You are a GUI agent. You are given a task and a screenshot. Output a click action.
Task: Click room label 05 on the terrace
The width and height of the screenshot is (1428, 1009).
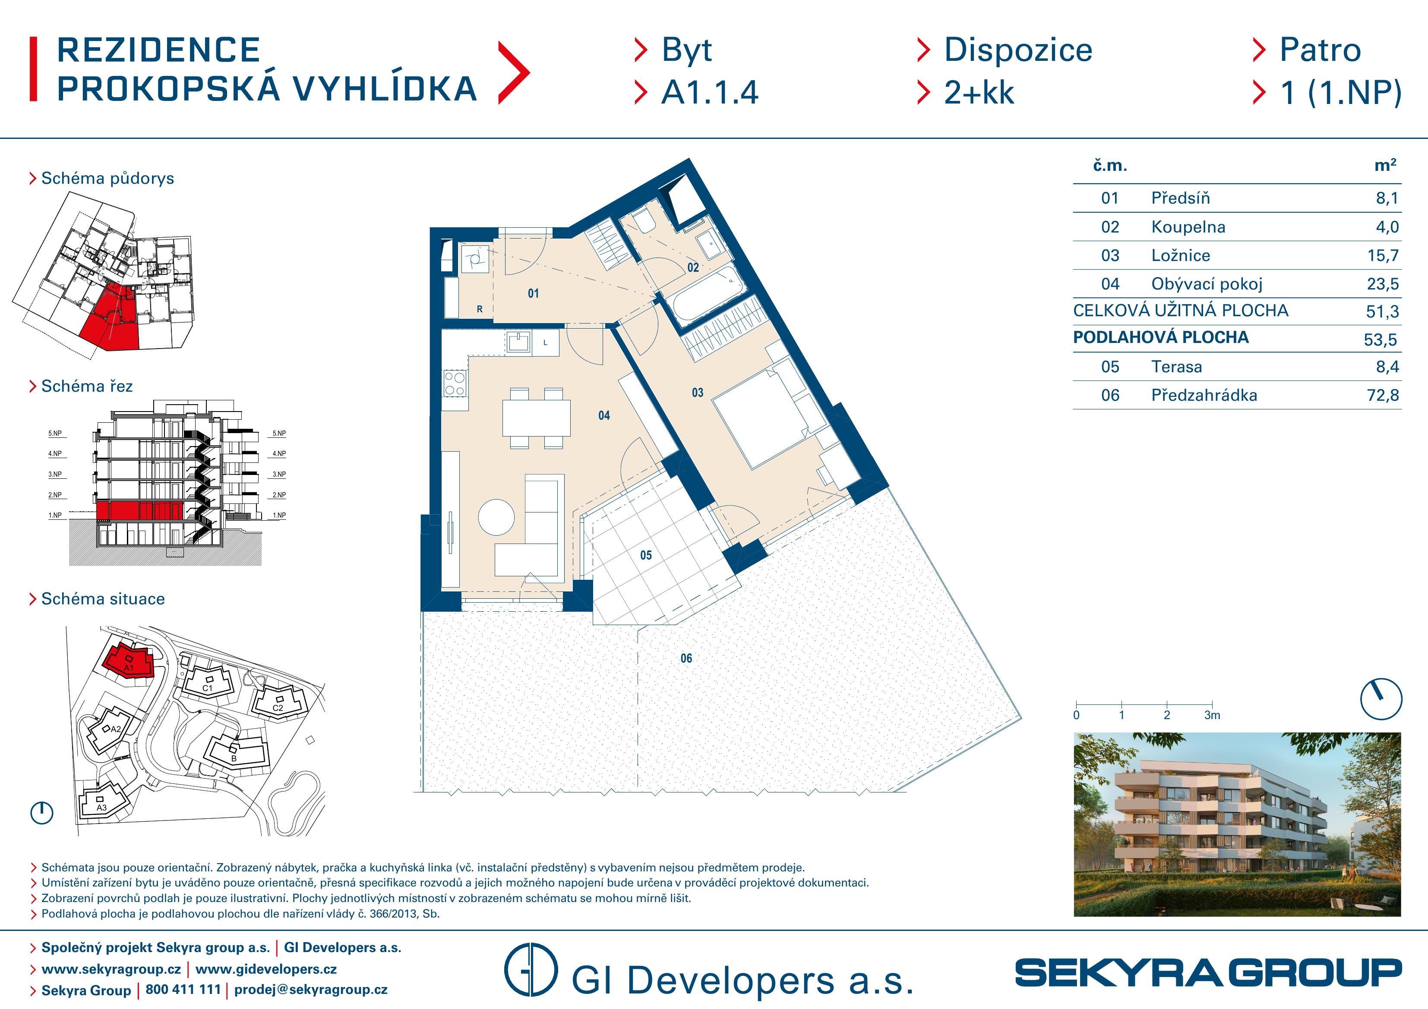coord(646,555)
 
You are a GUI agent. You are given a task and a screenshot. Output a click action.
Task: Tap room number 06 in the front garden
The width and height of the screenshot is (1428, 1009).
coord(686,658)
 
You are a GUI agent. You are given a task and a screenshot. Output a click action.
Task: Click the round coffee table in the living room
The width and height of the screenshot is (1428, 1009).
coord(496,517)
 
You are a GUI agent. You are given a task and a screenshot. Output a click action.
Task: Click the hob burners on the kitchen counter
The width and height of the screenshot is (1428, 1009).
coord(455,383)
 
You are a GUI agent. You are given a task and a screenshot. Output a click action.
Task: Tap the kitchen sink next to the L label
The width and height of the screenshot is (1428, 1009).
coord(518,341)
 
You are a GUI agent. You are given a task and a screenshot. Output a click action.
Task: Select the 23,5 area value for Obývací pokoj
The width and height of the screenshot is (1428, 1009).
coord(1383,284)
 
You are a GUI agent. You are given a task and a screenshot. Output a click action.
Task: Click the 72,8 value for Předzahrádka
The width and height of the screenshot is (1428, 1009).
coord(1383,396)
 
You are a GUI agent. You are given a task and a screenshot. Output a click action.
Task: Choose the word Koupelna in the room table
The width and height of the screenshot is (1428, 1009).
coord(1188,227)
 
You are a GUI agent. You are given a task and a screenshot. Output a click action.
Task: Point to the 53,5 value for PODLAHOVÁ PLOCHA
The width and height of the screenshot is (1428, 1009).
coord(1380,339)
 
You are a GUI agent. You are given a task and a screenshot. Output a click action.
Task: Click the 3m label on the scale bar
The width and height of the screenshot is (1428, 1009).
coord(1212,715)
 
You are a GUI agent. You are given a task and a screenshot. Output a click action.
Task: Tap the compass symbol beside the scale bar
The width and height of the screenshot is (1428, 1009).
coord(1381,699)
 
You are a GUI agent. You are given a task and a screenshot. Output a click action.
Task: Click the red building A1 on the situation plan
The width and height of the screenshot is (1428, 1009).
coord(129,661)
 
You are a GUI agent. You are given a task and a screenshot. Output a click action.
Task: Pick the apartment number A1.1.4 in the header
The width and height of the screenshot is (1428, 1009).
coord(710,93)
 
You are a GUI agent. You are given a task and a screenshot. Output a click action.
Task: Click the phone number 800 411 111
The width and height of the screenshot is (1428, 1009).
coord(183,989)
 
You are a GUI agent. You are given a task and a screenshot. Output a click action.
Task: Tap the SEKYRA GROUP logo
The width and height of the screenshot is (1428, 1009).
coord(1208,972)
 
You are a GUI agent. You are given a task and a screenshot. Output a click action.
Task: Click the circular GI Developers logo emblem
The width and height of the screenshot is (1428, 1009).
coord(531,969)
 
